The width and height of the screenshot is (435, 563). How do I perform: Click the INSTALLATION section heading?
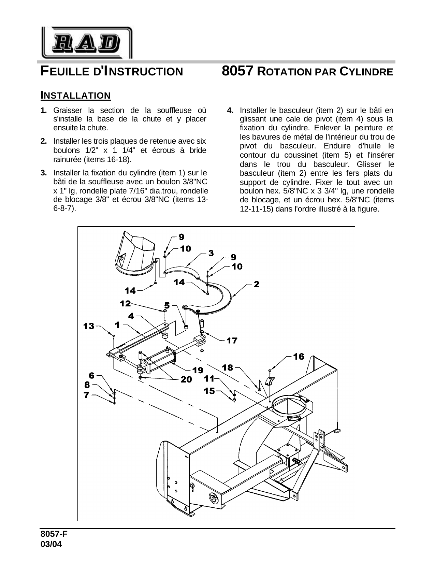tap(75, 95)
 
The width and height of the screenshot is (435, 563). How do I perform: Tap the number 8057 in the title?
tap(237, 71)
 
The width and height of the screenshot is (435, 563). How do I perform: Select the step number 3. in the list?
tap(44, 173)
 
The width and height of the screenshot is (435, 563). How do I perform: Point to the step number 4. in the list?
tap(230, 111)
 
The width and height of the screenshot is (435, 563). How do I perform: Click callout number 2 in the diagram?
tap(256, 284)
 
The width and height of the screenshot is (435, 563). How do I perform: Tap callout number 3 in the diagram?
tap(211, 253)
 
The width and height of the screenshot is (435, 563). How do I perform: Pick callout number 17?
tap(232, 340)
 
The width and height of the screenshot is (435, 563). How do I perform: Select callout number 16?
tap(299, 357)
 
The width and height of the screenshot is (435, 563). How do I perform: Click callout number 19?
tap(198, 370)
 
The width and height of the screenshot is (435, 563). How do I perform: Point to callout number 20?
tap(186, 379)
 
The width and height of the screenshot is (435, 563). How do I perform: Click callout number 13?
tap(89, 326)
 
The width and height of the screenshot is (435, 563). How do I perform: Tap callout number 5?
tap(167, 305)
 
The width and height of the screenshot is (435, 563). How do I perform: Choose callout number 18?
tap(228, 367)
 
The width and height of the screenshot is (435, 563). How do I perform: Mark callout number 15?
tap(209, 391)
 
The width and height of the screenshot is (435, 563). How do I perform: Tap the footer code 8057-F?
tap(54, 534)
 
